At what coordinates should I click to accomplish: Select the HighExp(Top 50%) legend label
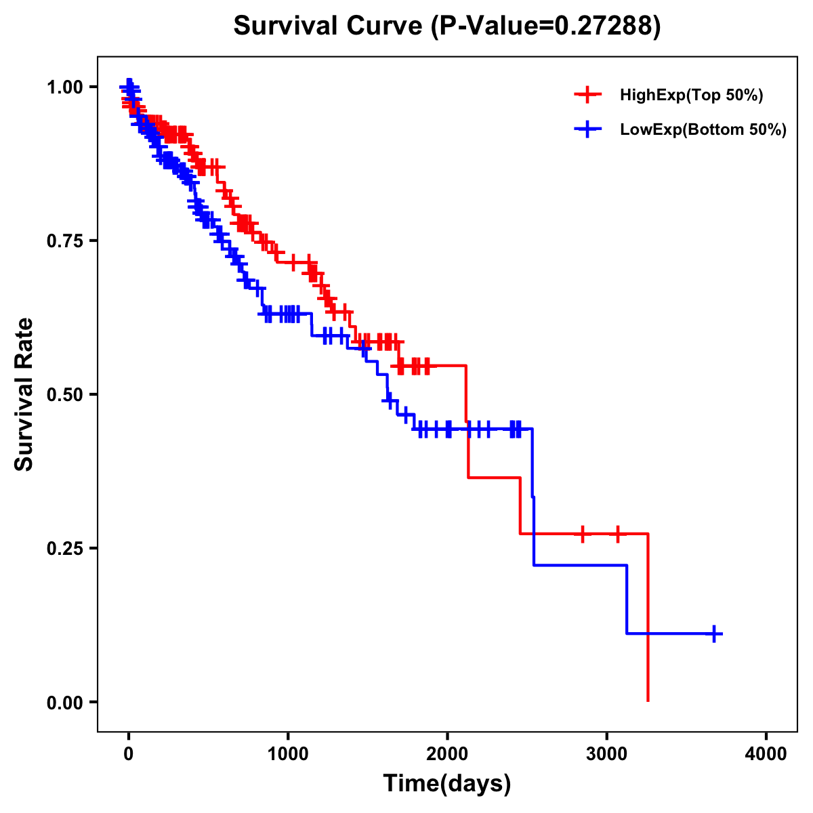[x=691, y=96]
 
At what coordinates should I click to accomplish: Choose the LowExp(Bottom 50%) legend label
[x=703, y=130]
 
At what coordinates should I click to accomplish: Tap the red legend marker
[x=587, y=95]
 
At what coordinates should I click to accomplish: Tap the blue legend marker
[x=587, y=129]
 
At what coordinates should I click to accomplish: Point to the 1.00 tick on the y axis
[x=65, y=87]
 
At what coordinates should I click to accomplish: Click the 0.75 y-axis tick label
[x=65, y=241]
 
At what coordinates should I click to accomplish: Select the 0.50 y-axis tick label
[x=65, y=394]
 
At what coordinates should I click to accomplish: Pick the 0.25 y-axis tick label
[x=65, y=548]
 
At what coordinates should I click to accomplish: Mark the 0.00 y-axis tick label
[x=65, y=702]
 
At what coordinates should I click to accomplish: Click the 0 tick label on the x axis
[x=129, y=754]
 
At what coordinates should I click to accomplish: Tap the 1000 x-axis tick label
[x=288, y=754]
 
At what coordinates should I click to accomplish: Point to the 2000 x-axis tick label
[x=447, y=754]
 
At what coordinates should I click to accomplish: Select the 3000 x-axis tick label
[x=607, y=754]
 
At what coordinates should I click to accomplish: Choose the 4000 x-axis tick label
[x=766, y=754]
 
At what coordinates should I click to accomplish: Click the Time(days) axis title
[x=447, y=784]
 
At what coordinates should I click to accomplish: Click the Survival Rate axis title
[x=24, y=394]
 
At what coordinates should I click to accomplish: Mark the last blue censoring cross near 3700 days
[x=714, y=634]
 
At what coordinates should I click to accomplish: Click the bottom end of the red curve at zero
[x=648, y=700]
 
